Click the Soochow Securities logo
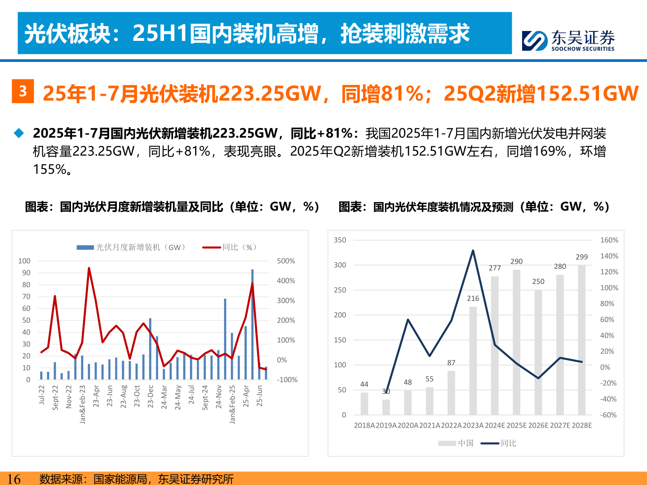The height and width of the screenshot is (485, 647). pos(568,40)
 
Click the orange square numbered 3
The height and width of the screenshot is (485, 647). pos(22,91)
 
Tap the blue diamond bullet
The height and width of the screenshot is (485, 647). pos(19,133)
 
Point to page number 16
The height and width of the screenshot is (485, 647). pos(14,479)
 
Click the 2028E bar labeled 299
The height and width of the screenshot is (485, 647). pos(582,340)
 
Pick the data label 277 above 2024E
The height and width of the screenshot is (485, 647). pos(495,268)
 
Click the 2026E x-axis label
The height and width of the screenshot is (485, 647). pos(538,425)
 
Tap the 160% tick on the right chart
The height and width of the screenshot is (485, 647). pos(609,240)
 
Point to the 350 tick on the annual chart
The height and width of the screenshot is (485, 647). pos(340,240)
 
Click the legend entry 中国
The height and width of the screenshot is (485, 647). pos(456,443)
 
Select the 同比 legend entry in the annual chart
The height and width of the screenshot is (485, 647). pos(499,443)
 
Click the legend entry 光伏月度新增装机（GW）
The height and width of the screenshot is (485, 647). pos(131,247)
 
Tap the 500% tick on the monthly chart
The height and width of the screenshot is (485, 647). pos(286,261)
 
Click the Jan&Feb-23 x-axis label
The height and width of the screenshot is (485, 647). pos(83,404)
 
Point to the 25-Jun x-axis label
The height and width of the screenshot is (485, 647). pos(260,396)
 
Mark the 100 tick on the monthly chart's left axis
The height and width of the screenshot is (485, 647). pos(24,261)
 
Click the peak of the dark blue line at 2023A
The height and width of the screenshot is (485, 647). pos(473,251)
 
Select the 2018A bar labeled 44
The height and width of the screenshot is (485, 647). pos(364,404)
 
